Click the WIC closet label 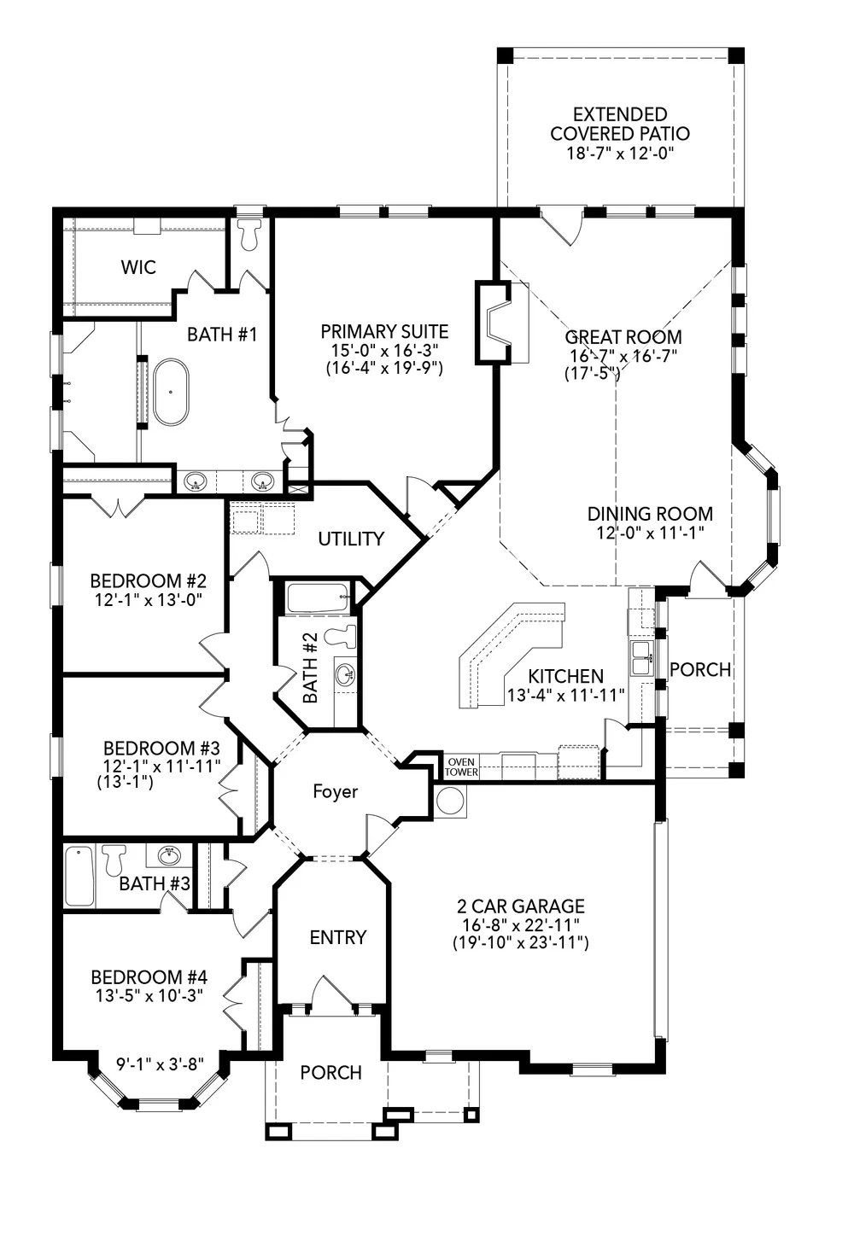pos(138,267)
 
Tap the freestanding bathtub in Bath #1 pos(172,392)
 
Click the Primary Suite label pos(384,332)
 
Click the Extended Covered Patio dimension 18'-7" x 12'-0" pos(619,153)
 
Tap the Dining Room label pos(650,514)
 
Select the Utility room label pos(351,539)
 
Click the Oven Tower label pos(462,766)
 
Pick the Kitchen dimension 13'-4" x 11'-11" pos(566,696)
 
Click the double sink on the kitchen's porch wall pos(641,658)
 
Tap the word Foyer pos(336,791)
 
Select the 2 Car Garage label pos(520,906)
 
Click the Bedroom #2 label pos(149,580)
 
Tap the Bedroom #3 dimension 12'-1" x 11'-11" pos(161,766)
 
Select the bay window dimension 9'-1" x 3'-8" pos(160,1064)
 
